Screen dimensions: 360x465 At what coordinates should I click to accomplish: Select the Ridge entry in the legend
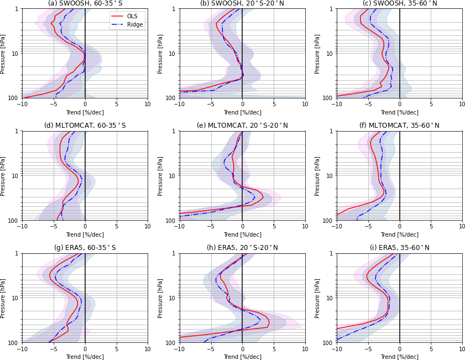[134, 24]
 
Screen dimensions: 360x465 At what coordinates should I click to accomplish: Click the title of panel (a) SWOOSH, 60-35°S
[85, 3]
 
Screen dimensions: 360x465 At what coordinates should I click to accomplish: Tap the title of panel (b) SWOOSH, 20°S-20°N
[242, 3]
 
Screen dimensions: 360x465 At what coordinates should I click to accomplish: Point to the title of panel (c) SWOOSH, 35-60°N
[400, 3]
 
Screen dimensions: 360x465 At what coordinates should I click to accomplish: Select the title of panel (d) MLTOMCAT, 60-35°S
[85, 126]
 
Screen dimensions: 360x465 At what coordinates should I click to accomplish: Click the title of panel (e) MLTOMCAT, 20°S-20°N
[242, 126]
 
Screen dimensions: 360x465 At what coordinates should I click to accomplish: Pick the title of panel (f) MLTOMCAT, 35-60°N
[400, 126]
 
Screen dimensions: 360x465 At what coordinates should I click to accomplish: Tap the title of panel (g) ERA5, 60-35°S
[85, 248]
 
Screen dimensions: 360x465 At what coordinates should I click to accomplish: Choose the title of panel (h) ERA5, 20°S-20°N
[242, 248]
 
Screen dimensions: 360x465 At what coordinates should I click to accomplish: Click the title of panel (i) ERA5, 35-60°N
[400, 248]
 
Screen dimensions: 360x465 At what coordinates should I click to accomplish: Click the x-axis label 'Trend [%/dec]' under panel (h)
[242, 357]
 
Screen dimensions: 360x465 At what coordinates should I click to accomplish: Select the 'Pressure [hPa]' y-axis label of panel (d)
[3, 176]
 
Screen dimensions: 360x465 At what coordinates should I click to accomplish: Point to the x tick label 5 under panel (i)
[431, 349]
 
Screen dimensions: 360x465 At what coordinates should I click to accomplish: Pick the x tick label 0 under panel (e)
[242, 227]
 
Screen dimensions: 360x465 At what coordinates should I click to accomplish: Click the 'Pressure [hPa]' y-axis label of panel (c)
[317, 54]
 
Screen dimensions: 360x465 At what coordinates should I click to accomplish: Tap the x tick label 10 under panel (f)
[462, 227]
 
